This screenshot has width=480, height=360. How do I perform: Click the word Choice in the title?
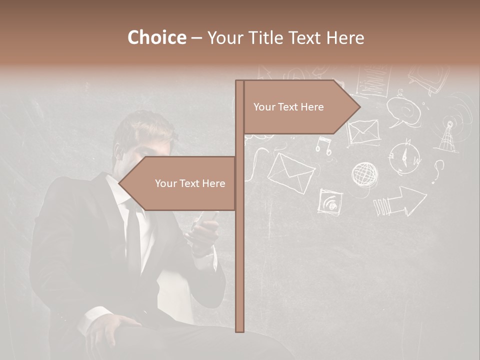[156, 38]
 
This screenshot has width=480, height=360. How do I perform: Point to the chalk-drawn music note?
[323, 145]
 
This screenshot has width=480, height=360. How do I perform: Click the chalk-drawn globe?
[364, 174]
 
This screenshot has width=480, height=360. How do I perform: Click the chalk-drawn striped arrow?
[399, 202]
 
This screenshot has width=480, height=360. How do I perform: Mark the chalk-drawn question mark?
[438, 170]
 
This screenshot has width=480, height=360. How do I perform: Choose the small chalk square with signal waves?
[330, 202]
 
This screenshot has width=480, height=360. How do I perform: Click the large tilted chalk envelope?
[290, 171]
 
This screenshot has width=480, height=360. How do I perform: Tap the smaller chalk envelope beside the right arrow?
[363, 132]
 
